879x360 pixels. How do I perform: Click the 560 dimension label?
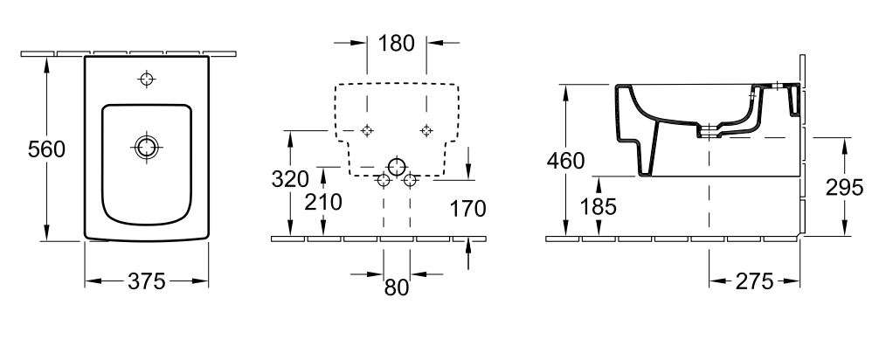pos(46,149)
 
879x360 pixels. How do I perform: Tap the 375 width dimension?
pos(146,281)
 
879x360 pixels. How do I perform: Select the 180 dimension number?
pos(397,43)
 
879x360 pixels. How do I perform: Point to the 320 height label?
pos(290,179)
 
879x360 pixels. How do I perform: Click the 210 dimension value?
pos(323,202)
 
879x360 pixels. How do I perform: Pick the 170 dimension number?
pos(468,209)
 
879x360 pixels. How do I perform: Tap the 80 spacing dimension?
pos(397,287)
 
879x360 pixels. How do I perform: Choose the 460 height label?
pos(565,162)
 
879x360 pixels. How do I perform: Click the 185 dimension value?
pos(598,207)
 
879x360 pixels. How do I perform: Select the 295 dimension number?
pos(844,188)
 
